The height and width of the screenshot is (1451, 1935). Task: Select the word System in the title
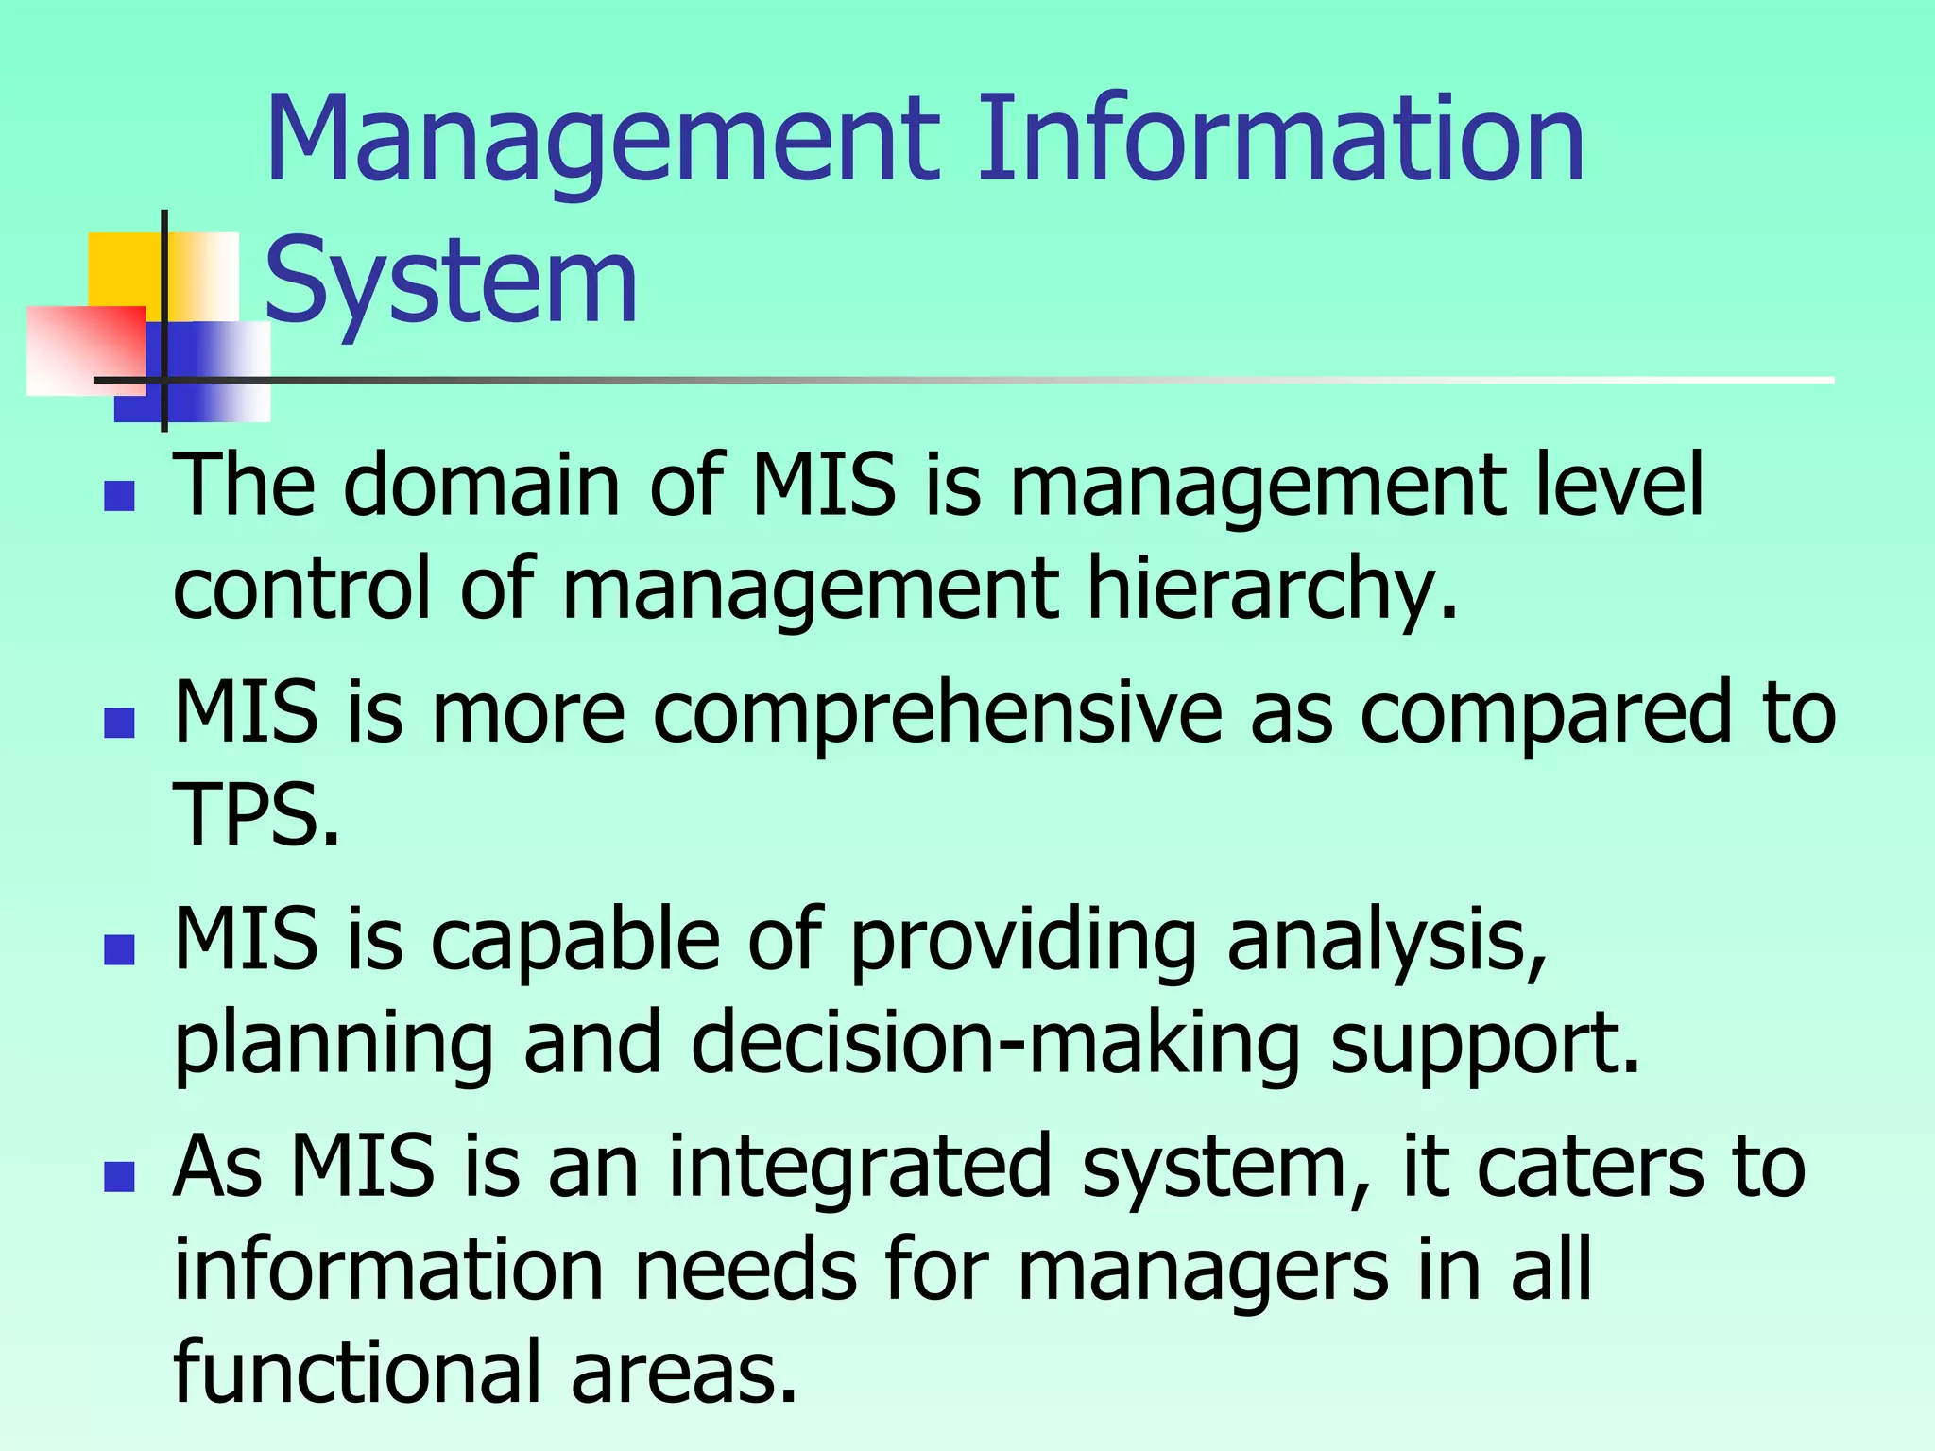pos(452,282)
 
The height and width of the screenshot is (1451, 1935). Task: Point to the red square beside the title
pos(85,350)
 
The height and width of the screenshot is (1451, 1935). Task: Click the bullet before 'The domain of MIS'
pos(120,495)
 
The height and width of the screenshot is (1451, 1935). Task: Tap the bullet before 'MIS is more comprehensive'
pos(120,723)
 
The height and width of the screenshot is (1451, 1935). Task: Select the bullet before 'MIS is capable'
pos(120,949)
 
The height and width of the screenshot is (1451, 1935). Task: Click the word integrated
pos(860,1167)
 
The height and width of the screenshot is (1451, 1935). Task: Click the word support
pos(1484,1044)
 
